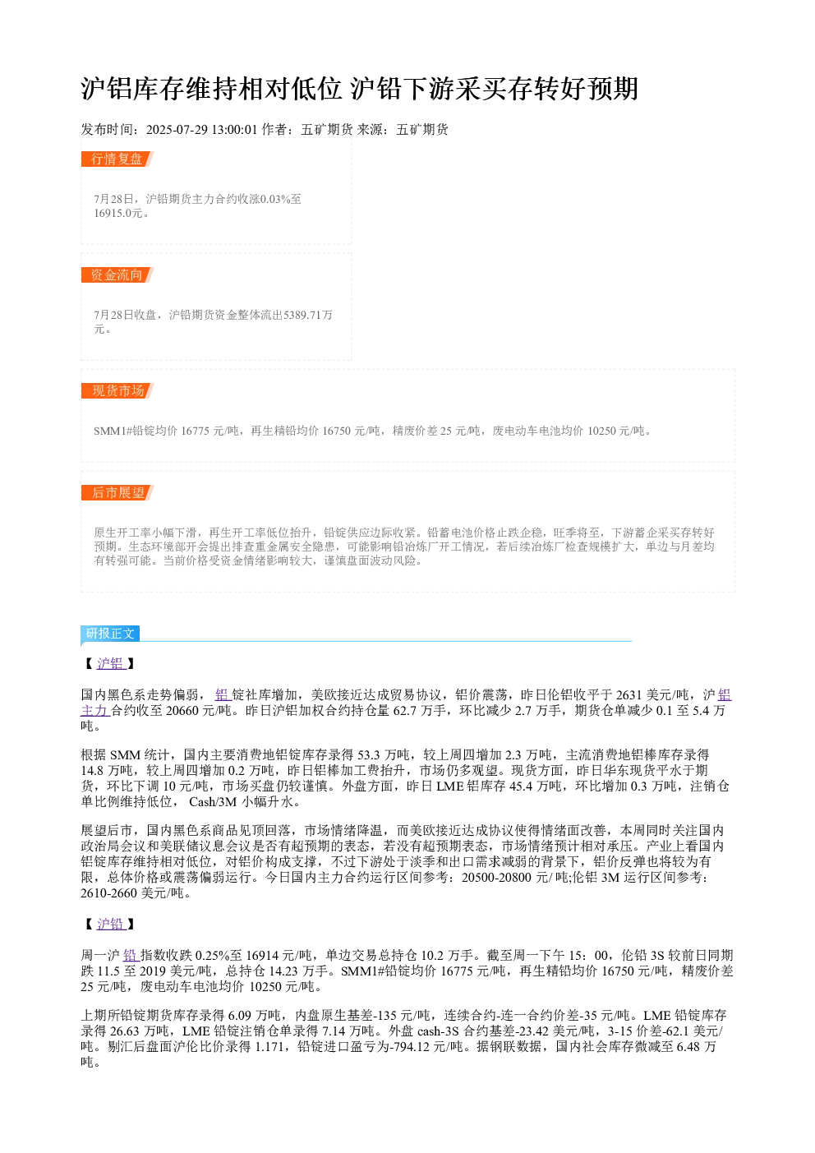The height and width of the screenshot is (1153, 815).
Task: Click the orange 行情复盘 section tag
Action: pyautogui.click(x=117, y=159)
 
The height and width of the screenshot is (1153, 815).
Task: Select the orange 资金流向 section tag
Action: pyautogui.click(x=117, y=274)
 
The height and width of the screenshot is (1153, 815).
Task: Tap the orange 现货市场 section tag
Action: pyautogui.click(x=117, y=390)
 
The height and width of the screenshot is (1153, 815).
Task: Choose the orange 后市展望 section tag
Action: pyautogui.click(x=117, y=492)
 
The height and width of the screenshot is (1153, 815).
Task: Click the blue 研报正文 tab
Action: pyautogui.click(x=110, y=633)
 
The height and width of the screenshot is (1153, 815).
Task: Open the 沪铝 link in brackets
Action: pyautogui.click(x=110, y=663)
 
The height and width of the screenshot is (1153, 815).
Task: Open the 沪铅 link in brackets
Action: pyautogui.click(x=110, y=924)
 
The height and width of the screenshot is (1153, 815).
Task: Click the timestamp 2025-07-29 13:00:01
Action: pyautogui.click(x=201, y=129)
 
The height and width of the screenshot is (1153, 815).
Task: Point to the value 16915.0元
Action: pyautogui.click(x=117, y=213)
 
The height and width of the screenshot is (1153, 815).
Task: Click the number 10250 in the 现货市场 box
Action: pyautogui.click(x=601, y=431)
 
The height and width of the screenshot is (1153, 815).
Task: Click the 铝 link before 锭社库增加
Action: pyautogui.click(x=222, y=695)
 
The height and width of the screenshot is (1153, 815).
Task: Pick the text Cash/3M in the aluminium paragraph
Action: pyautogui.click(x=213, y=802)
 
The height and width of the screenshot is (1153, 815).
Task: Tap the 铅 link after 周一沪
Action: pyautogui.click(x=130, y=955)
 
